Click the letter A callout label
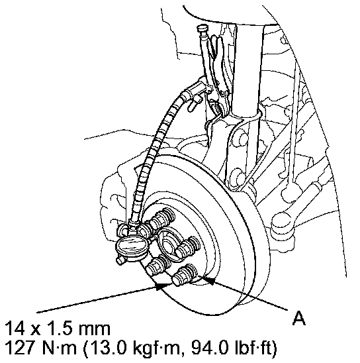[x=298, y=319]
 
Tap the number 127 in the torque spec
[x=20, y=348]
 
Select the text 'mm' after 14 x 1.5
[x=95, y=329]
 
